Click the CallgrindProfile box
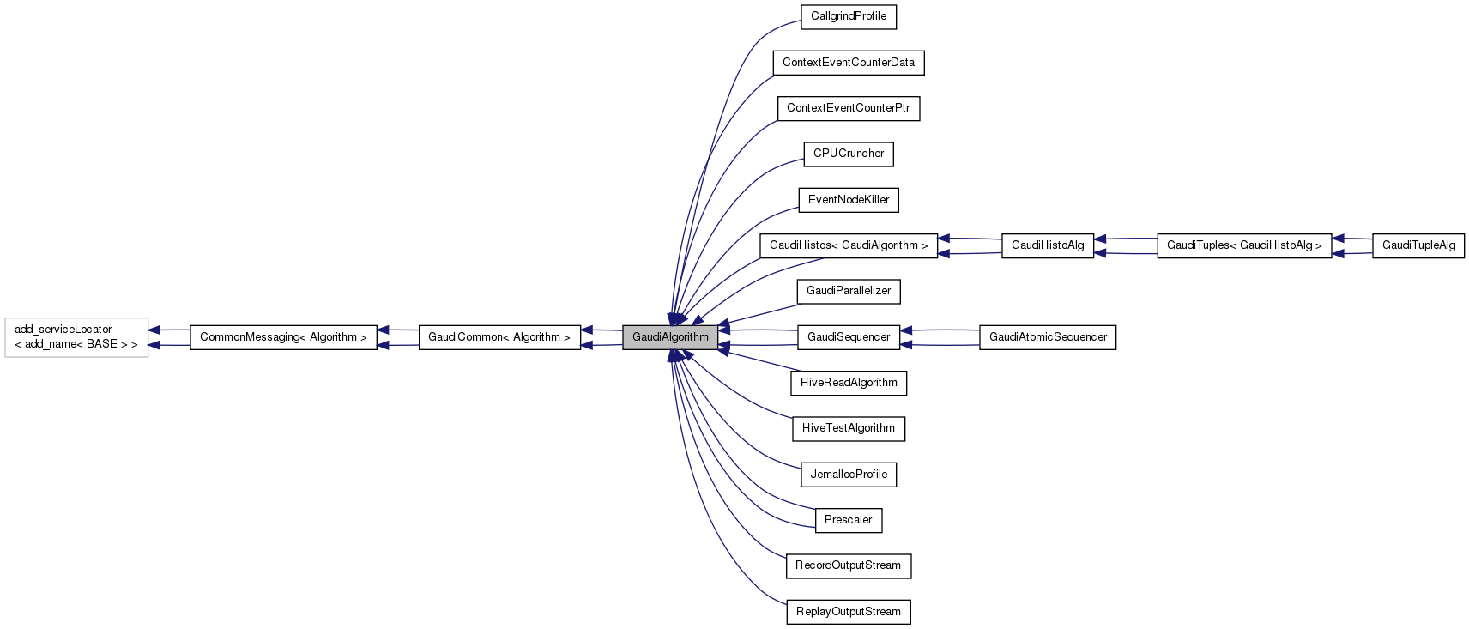pyautogui.click(x=848, y=16)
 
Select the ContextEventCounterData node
pyautogui.click(x=848, y=63)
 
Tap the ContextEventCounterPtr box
pyautogui.click(x=848, y=108)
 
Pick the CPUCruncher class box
pyautogui.click(x=848, y=154)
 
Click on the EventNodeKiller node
pyautogui.click(x=848, y=200)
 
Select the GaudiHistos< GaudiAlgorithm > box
pyautogui.click(x=848, y=245)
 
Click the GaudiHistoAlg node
pyautogui.click(x=1047, y=245)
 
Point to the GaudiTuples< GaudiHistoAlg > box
pyautogui.click(x=1244, y=245)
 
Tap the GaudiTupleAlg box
pyautogui.click(x=1418, y=245)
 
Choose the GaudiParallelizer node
pyautogui.click(x=848, y=291)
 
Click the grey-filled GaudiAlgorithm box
pyautogui.click(x=670, y=337)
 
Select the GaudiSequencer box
pyautogui.click(x=848, y=337)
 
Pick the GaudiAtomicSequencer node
pyautogui.click(x=1047, y=337)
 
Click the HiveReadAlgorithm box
pyautogui.click(x=848, y=383)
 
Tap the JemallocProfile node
pyautogui.click(x=848, y=475)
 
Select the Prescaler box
pyautogui.click(x=848, y=520)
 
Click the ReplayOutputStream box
pyautogui.click(x=848, y=612)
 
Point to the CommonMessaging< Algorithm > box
pyautogui.click(x=283, y=337)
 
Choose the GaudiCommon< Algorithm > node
pyautogui.click(x=499, y=337)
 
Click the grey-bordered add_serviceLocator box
pyautogui.click(x=76, y=337)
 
